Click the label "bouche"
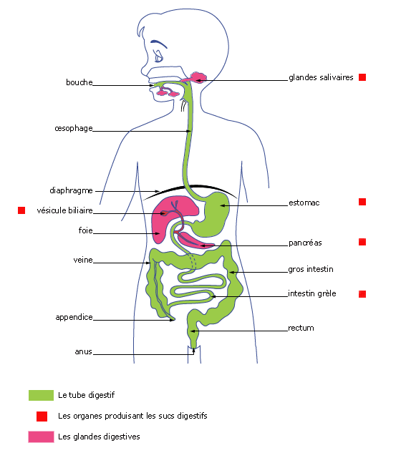coord(79,82)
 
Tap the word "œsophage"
coord(74,128)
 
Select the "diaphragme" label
coord(71,190)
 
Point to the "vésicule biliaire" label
coord(64,210)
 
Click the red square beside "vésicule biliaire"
coord(21,210)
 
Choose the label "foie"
coord(86,230)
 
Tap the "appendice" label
coord(74,317)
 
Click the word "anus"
coord(84,351)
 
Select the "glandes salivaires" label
coord(321,77)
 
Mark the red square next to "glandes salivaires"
coord(362,77)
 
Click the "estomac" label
coord(304,203)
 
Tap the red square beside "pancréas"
coord(362,242)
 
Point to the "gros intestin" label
coord(311,269)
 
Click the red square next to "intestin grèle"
coord(362,294)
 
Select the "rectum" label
coord(301,328)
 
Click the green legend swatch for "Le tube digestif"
coord(41,395)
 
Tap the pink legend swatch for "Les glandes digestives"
coord(41,437)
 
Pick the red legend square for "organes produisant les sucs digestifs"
coord(42,417)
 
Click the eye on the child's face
coord(159,57)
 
